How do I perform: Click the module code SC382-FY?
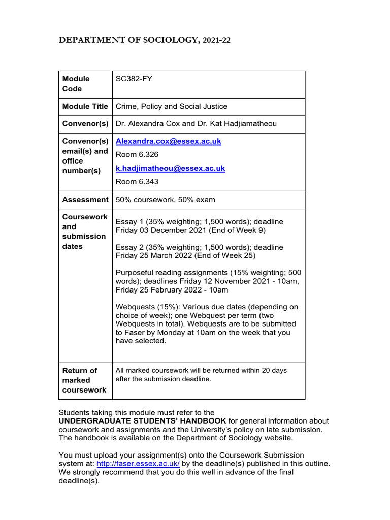click(131, 79)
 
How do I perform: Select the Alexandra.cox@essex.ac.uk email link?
click(169, 141)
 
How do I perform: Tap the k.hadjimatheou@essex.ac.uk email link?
click(170, 168)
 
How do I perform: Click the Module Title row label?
click(85, 107)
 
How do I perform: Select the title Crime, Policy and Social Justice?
click(172, 107)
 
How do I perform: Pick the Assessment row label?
click(85, 200)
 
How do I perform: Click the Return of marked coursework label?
click(84, 380)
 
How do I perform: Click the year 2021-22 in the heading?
click(217, 41)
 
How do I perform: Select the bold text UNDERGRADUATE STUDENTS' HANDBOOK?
click(142, 421)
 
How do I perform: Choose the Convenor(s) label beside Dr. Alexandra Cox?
click(85, 124)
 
